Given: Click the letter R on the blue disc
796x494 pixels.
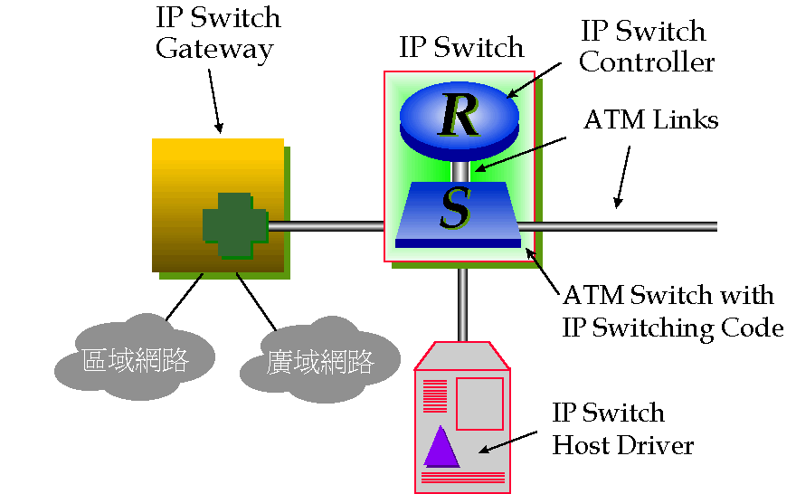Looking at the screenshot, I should click(458, 114).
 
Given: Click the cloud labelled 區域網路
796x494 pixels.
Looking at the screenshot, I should click(135, 360).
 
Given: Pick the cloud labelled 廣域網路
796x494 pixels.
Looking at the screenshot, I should click(320, 364).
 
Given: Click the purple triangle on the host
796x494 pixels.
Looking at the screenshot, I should click(441, 446).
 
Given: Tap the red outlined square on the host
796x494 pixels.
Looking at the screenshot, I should click(479, 404).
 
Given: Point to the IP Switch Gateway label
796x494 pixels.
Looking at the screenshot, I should click(217, 33).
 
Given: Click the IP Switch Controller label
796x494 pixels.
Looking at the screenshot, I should click(646, 46).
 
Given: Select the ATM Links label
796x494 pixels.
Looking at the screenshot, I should click(651, 120).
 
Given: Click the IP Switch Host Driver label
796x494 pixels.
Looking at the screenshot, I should click(622, 429).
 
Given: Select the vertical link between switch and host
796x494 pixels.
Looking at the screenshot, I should click(462, 303).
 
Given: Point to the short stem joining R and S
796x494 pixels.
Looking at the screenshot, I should click(460, 170).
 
